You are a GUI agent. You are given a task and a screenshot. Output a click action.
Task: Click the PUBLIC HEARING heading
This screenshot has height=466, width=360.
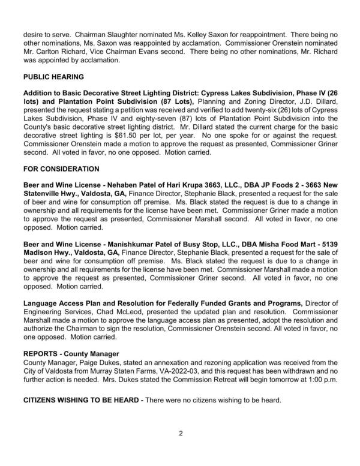[53, 77]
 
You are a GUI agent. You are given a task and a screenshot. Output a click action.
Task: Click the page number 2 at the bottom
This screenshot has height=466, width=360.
[180, 432]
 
